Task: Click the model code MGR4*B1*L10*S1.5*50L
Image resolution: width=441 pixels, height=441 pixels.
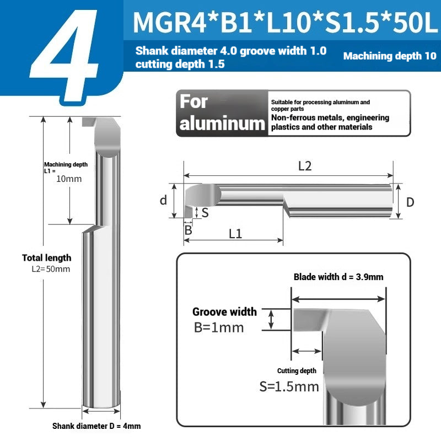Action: tap(285, 23)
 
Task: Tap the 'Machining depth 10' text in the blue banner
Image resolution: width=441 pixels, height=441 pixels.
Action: tap(390, 56)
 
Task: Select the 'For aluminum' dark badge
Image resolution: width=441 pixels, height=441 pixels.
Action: tap(222, 114)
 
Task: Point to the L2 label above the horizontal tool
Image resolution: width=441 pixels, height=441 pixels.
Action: tap(305, 166)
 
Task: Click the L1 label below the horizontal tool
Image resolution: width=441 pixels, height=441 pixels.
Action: tap(235, 233)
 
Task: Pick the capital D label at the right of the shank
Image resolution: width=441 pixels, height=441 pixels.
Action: tap(410, 202)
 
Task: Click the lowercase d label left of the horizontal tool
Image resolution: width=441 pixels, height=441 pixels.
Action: tap(163, 200)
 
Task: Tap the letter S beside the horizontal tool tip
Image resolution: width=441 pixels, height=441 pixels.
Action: tap(205, 213)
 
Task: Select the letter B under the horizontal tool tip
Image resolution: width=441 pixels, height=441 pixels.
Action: tap(188, 230)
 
